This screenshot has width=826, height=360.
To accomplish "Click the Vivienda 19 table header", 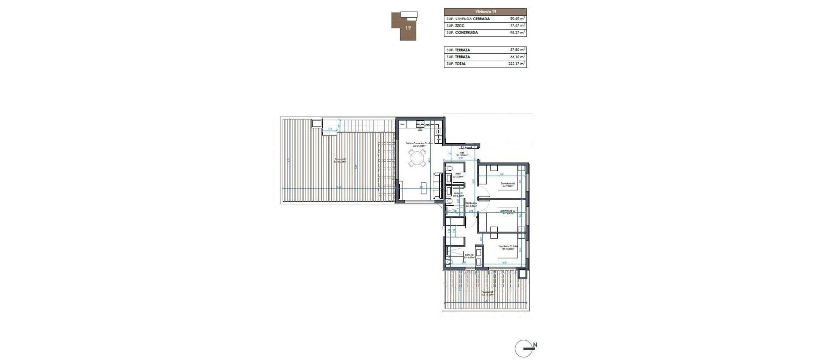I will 485,12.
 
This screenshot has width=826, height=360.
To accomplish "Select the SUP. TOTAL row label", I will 456,64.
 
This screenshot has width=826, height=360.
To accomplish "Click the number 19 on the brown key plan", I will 408,28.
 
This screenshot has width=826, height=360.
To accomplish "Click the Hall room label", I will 462,153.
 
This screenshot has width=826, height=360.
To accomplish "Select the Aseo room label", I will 458,175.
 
